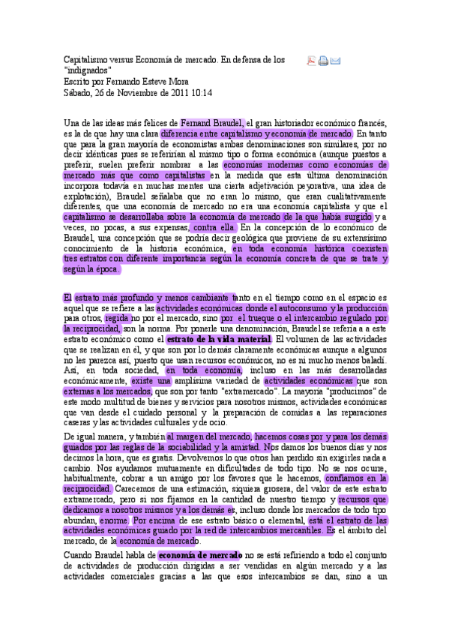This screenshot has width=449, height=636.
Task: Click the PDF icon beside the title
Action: [311, 61]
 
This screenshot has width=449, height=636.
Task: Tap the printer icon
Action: [323, 61]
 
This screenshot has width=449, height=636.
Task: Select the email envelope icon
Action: [336, 61]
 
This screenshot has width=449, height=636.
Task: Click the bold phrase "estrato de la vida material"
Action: [212, 339]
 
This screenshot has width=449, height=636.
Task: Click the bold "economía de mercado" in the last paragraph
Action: [196, 555]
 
